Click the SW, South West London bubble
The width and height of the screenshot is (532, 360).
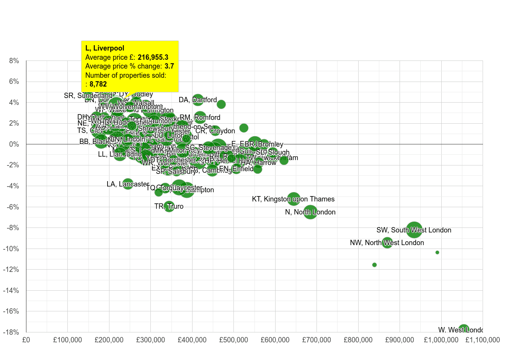pyautogui.click(x=414, y=230)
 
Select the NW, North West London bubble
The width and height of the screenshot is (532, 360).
pyautogui.click(x=387, y=242)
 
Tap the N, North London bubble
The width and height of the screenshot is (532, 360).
pyautogui.click(x=310, y=212)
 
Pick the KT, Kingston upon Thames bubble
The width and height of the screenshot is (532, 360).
pyautogui.click(x=294, y=199)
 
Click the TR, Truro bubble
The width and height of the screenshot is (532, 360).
pyautogui.click(x=169, y=206)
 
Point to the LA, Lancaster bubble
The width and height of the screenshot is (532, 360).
pyautogui.click(x=128, y=184)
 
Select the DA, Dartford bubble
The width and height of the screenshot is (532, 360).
pyautogui.click(x=197, y=100)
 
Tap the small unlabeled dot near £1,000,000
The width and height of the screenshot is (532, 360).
pyautogui.click(x=437, y=252)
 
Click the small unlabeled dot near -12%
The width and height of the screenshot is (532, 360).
pyautogui.click(x=374, y=265)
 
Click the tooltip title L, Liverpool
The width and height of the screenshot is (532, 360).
pyautogui.click(x=105, y=48)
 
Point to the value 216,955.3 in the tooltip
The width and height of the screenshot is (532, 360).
pyautogui.click(x=153, y=57)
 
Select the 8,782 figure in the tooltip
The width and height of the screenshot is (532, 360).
pyautogui.click(x=98, y=84)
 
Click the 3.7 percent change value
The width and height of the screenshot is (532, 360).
pyautogui.click(x=169, y=66)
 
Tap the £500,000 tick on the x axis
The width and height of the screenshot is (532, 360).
pyautogui.click(x=233, y=340)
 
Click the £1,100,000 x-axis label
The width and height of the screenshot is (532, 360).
pyautogui.click(x=483, y=340)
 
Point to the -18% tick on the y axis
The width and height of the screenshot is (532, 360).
pyautogui.click(x=11, y=332)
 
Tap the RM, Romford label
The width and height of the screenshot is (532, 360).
pyautogui.click(x=200, y=117)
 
